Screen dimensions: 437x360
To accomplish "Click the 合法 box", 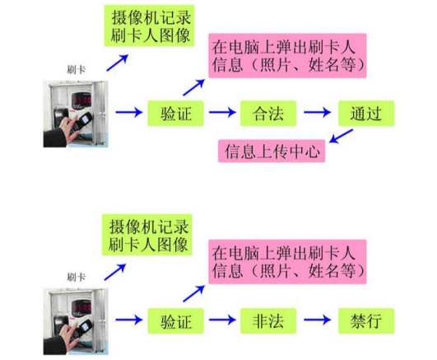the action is tap(268, 114).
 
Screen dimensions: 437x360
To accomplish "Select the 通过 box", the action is tap(366, 114).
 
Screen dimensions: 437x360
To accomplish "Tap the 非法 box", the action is tap(268, 321).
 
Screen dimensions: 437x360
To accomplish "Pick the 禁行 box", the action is tap(366, 321).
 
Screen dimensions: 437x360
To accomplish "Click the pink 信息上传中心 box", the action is tap(272, 151).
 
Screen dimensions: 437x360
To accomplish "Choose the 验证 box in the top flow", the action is tap(175, 114).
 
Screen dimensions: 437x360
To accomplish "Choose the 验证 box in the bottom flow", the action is tap(175, 321).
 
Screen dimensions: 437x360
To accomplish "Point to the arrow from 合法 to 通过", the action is tap(318, 113).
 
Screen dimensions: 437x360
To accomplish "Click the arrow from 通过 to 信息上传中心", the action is tap(342, 136).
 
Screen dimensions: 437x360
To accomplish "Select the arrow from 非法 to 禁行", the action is tap(318, 320).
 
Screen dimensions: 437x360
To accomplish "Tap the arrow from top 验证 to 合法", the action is tap(222, 113).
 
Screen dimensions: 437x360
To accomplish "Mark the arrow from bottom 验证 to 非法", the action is tap(222, 320).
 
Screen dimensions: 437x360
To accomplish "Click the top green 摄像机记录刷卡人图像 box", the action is tap(150, 26).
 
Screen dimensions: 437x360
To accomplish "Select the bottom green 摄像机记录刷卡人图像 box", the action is tap(146, 235).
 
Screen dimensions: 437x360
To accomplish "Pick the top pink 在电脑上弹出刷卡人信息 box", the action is tap(287, 55).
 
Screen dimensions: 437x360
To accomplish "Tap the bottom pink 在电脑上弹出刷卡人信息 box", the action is tap(287, 261).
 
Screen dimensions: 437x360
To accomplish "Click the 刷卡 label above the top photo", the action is tap(76, 69).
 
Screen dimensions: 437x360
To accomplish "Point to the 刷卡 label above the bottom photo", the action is tap(76, 277).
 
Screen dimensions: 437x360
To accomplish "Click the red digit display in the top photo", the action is tap(81, 100).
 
